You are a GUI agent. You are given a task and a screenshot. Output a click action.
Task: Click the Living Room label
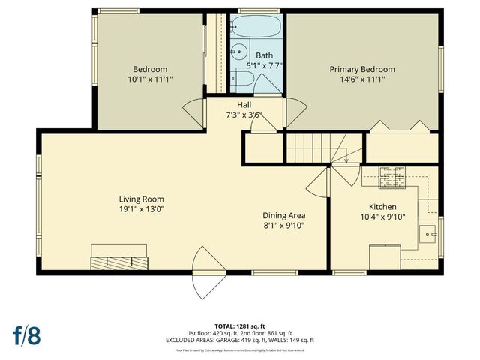click(x=141, y=199)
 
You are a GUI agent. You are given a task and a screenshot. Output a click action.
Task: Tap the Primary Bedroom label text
click(x=362, y=70)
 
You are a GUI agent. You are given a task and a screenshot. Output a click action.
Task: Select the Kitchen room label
click(x=382, y=207)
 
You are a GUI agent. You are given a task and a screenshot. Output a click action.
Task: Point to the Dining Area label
click(x=283, y=215)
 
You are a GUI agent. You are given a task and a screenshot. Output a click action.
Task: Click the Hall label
click(x=244, y=104)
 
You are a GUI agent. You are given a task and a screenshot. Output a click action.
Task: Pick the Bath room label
click(x=265, y=55)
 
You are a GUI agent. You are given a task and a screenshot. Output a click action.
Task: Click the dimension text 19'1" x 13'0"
click(x=141, y=209)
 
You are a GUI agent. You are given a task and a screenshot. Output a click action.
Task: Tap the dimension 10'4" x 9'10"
click(x=382, y=217)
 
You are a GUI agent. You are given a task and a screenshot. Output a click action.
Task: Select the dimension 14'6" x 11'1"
click(x=362, y=79)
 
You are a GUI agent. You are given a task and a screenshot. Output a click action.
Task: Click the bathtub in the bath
click(x=257, y=28)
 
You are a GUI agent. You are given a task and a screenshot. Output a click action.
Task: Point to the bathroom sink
click(x=239, y=53)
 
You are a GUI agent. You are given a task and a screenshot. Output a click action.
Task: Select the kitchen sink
click(x=430, y=234)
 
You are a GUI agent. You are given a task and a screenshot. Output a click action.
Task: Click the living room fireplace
click(x=118, y=262)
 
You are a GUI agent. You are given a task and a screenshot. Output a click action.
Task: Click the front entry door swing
click(x=205, y=274)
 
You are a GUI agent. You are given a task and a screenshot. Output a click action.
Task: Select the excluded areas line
click(x=239, y=339)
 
